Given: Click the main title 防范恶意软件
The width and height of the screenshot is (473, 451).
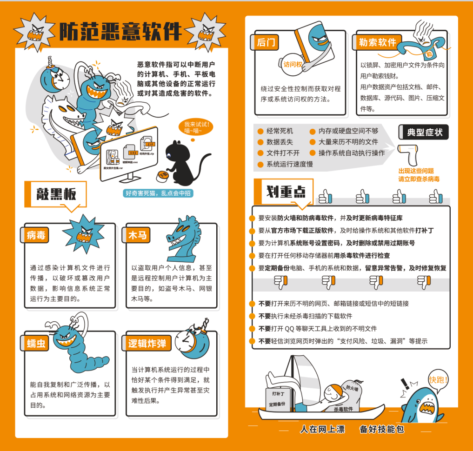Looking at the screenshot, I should tap(120, 32).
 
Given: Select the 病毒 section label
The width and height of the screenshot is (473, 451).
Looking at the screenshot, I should tap(36, 235).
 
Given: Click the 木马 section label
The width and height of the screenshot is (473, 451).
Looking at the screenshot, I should tap(137, 235).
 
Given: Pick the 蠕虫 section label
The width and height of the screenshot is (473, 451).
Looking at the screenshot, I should tap(36, 343).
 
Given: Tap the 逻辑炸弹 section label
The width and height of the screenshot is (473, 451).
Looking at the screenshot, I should tap(147, 344).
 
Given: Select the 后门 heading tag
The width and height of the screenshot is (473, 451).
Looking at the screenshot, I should tap(266, 43).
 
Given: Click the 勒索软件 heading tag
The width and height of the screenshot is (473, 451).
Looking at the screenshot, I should tap(377, 43).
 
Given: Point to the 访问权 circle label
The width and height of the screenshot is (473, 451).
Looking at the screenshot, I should tap(293, 65).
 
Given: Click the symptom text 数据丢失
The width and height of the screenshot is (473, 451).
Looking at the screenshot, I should tap(280, 142).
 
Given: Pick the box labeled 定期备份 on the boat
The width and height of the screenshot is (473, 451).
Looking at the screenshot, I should tap(277, 404).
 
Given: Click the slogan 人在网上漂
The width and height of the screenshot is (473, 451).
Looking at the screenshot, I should tap(322, 429).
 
